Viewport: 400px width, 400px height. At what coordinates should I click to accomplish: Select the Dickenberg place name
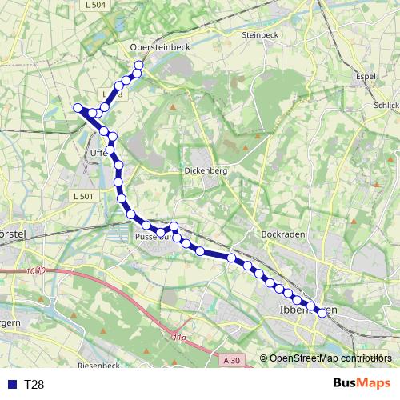pyautogui.click(x=206, y=170)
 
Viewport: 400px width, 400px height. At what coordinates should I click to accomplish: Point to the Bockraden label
pyautogui.click(x=279, y=234)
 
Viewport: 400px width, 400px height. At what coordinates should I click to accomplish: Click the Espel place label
pyautogui.click(x=364, y=77)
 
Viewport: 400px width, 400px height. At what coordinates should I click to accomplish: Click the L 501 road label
pyautogui.click(x=83, y=196)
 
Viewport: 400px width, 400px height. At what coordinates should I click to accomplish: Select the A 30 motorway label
pyautogui.click(x=231, y=360)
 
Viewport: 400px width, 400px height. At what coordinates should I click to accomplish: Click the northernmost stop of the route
pyautogui.click(x=139, y=65)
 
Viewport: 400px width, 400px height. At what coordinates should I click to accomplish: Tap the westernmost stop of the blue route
pyautogui.click(x=78, y=107)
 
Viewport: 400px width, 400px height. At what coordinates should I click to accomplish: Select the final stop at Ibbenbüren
pyautogui.click(x=322, y=313)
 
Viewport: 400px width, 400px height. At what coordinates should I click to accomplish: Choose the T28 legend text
pyautogui.click(x=34, y=385)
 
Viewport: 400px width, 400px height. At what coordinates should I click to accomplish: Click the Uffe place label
pyautogui.click(x=98, y=150)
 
